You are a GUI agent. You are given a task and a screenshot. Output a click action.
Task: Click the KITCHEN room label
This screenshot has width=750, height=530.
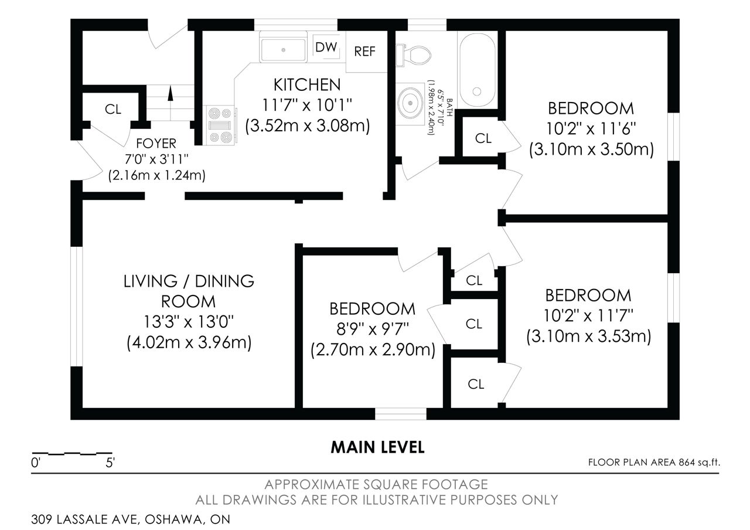point(307,85)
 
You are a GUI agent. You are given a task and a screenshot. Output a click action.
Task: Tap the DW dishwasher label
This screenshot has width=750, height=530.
point(326,47)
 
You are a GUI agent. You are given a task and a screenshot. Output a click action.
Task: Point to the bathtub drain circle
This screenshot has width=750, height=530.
point(477,91)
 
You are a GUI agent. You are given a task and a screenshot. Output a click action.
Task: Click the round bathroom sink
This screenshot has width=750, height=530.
point(410,103)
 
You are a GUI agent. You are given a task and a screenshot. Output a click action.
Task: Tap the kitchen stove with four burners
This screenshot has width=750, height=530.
point(221,125)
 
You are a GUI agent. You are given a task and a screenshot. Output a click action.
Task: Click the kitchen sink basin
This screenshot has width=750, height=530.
point(283,50)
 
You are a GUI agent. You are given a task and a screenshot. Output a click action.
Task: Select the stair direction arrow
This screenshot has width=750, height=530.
point(171,93)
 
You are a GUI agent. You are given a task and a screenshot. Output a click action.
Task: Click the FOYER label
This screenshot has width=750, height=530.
point(156,144)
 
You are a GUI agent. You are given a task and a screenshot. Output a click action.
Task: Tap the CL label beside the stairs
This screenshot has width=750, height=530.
point(113,109)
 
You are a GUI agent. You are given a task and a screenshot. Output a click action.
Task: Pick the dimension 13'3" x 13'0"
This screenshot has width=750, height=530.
point(189,322)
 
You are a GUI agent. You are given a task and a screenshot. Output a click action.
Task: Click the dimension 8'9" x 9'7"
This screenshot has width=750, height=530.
point(372,329)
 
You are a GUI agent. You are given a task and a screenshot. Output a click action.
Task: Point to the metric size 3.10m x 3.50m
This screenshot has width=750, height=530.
point(591,150)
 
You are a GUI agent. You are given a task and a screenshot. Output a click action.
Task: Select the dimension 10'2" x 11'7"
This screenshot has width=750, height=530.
point(588,315)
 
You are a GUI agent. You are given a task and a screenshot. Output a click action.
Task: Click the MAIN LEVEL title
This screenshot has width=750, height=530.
point(377,447)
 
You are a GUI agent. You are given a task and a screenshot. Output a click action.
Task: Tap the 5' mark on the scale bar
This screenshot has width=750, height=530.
point(110,463)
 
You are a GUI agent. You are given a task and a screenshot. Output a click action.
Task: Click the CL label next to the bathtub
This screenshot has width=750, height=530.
point(483,138)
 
